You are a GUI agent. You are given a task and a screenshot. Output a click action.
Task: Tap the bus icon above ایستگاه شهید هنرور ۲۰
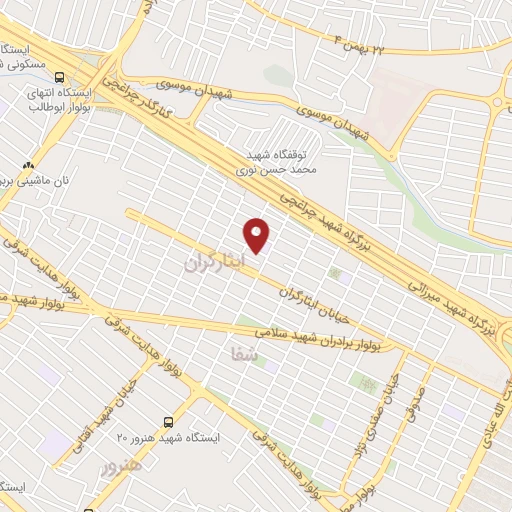pos(168,423)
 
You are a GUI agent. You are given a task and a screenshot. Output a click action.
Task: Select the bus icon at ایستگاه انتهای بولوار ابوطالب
pos(61,77)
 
